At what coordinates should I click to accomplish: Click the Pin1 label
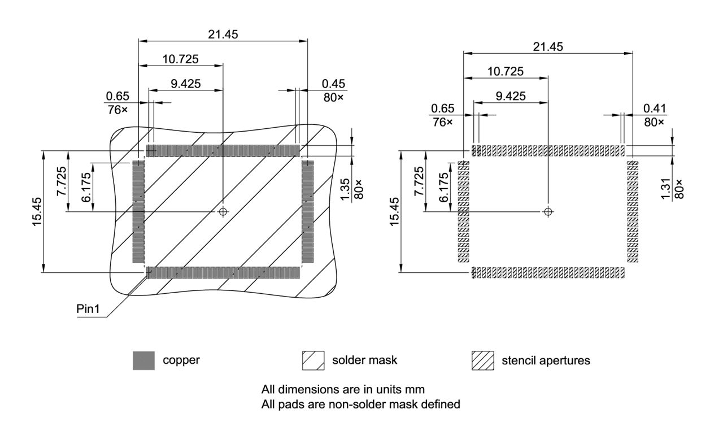[x=89, y=309]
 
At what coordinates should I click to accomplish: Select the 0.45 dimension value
[x=333, y=84]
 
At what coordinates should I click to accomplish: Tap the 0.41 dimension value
[x=654, y=108]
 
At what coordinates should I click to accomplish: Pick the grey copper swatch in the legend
[x=143, y=360]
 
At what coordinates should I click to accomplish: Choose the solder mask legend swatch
[x=313, y=360]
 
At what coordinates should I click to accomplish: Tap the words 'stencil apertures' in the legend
[x=546, y=360]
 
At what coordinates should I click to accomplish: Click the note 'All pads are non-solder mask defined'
[x=361, y=404]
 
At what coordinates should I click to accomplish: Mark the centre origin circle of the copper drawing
[x=223, y=211]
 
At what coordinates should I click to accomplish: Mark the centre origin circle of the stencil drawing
[x=547, y=212]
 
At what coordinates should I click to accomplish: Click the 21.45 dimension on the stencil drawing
[x=547, y=47]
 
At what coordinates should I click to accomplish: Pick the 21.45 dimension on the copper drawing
[x=223, y=34]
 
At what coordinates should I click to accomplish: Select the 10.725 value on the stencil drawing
[x=505, y=71]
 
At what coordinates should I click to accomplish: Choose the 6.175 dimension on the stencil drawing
[x=444, y=187]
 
